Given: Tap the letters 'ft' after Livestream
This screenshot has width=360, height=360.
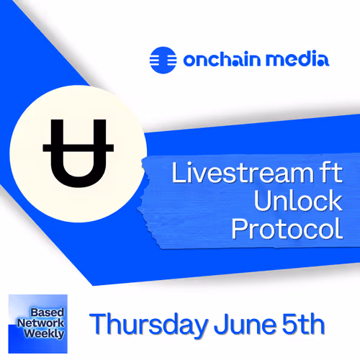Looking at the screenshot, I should pos(325,175).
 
